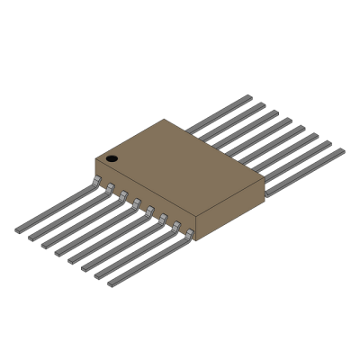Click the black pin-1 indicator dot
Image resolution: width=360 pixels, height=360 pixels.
coord(112,158)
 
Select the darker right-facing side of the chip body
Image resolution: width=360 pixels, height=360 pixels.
coord(230,209)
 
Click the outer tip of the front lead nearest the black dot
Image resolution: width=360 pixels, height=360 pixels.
coord(19,230)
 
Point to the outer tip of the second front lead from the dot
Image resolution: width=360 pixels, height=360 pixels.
coord(32,238)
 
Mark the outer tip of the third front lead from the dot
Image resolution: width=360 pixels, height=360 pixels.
coord(46,246)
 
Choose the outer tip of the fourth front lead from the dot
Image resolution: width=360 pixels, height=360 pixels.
coord(59,254)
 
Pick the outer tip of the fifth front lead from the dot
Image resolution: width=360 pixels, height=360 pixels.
coord(73,261)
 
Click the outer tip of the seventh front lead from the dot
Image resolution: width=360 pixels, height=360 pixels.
coord(99,276)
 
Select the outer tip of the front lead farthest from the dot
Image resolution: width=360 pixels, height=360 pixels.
coord(112,283)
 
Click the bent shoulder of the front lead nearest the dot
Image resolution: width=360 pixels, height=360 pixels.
coord(96,182)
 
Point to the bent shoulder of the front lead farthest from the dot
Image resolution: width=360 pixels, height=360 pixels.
coord(190,235)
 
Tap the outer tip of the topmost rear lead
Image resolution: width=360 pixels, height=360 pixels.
coord(249,97)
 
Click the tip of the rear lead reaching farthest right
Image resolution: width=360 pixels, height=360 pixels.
coord(342,150)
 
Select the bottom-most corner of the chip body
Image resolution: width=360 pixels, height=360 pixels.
coord(195,240)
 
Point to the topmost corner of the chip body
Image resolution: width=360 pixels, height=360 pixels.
coord(165,120)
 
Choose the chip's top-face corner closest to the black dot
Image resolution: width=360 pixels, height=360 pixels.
coord(95,159)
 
